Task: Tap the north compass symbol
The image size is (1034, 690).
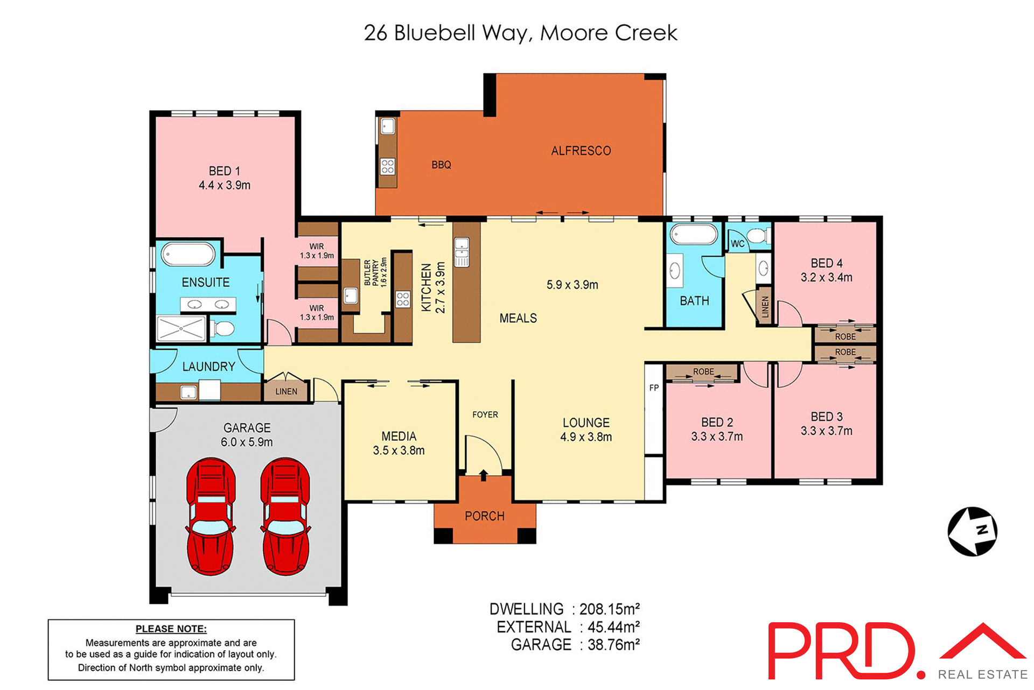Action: [x=972, y=531]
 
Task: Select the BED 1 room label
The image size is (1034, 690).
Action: [x=224, y=171]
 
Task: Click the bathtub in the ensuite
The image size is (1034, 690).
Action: [x=188, y=254]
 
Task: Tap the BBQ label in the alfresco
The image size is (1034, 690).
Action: [x=441, y=165]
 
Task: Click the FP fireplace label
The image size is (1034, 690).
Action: [x=654, y=388]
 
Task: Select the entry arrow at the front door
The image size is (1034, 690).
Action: [x=484, y=475]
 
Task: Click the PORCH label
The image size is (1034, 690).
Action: [x=484, y=516]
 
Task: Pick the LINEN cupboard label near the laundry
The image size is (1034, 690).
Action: [x=286, y=391]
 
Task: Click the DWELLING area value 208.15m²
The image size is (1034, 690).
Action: [x=609, y=609]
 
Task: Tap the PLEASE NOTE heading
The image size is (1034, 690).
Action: [x=171, y=629]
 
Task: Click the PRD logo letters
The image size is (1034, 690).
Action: [x=843, y=651]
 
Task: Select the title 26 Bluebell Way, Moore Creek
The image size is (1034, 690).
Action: [x=520, y=33]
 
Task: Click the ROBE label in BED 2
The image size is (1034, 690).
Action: [x=703, y=371]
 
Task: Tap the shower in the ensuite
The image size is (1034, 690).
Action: [x=181, y=328]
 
